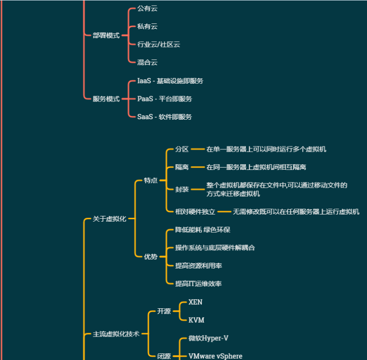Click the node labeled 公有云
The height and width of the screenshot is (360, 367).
(x=147, y=9)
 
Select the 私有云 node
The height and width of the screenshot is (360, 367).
(x=147, y=27)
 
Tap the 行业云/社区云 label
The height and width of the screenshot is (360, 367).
(x=158, y=45)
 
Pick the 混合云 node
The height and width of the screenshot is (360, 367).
(x=147, y=62)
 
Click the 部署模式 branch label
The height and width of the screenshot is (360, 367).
(x=106, y=35)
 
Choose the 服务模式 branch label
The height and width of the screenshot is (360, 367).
(x=106, y=99)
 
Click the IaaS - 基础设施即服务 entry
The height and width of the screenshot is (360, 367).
(x=170, y=81)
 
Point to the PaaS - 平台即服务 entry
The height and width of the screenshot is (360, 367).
(x=164, y=99)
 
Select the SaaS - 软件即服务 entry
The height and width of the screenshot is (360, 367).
(x=164, y=117)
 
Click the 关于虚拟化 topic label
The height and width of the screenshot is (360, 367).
(x=109, y=219)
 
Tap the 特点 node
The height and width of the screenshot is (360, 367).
(x=151, y=180)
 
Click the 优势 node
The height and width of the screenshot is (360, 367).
(x=151, y=257)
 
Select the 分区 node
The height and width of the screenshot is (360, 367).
(x=182, y=149)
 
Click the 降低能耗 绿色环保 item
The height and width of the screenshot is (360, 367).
(x=202, y=230)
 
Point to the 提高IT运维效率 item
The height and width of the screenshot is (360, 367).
(x=198, y=283)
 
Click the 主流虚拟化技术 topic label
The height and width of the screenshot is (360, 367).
(x=116, y=334)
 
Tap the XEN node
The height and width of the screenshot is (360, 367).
(x=195, y=303)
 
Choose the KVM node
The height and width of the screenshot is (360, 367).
(x=196, y=320)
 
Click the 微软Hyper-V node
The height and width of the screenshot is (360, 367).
(x=208, y=338)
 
